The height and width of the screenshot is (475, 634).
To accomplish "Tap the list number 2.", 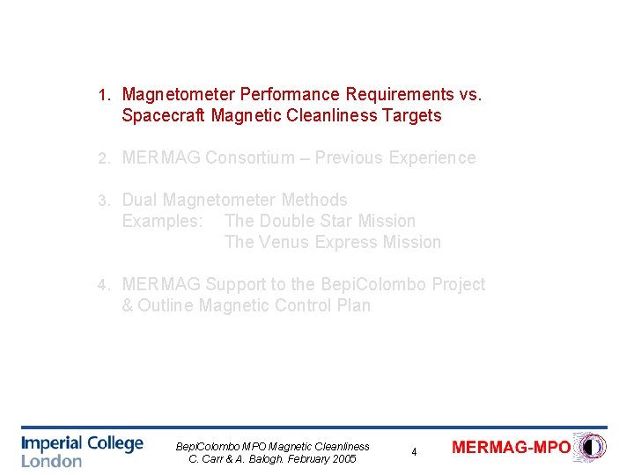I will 103,158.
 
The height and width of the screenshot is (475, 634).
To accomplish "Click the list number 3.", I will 103,201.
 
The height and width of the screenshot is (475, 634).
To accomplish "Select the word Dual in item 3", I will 140,200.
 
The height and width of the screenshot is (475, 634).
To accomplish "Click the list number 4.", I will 103,285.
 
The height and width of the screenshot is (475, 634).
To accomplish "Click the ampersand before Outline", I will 128,305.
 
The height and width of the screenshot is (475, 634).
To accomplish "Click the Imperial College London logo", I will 82,449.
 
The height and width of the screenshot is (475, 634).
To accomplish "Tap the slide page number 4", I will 414,452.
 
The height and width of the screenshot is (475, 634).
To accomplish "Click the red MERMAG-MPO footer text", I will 511,447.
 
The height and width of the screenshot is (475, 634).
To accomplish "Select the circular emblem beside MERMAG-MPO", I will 590,447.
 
